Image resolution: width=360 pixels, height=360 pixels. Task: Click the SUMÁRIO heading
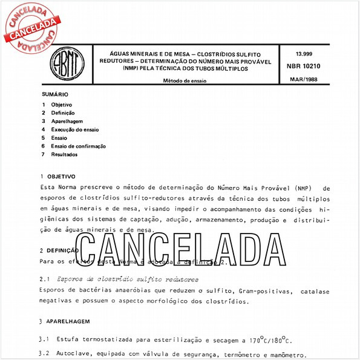coord(55,94)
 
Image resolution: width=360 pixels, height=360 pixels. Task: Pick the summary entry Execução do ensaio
coord(75,129)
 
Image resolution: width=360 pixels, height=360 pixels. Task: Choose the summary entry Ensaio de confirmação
coord(79,146)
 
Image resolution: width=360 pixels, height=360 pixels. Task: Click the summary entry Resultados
coord(64,154)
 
